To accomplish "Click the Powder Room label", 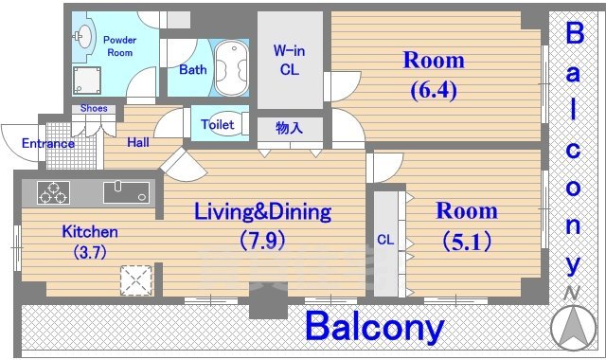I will coord(118,45).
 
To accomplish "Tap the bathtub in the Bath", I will coord(229,67).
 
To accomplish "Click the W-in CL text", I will coord(287,59).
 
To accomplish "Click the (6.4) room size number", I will coord(434,92).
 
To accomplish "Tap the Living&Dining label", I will coord(262,210).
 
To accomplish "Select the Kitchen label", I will coord(89,231).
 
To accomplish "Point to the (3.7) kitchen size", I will coord(89,252).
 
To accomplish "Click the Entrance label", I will coord(47,144).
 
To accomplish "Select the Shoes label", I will coord(93,109).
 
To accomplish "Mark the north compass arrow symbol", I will coord(573,325).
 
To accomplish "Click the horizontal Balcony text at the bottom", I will coord(374,328).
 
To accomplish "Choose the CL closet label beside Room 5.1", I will coord(385,240).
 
